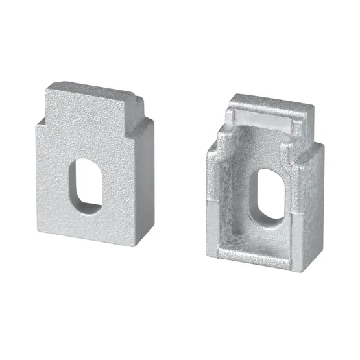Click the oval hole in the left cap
coord(84,184)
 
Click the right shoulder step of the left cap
coord(134,124)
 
